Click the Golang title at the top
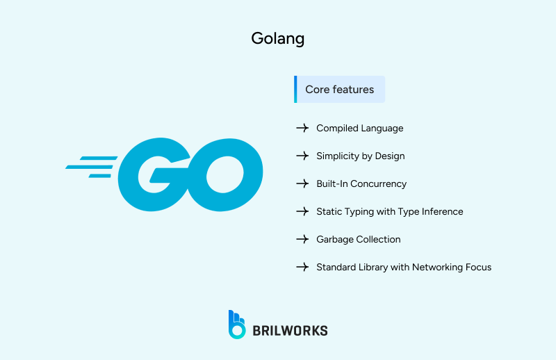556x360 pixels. pos(277,38)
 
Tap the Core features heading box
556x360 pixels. pos(340,90)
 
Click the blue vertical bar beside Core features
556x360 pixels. pos(295,90)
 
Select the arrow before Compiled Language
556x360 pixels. pos(302,129)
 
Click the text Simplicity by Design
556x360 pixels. pos(360,156)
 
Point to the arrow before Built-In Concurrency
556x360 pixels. pos(302,184)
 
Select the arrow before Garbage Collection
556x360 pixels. pos(302,239)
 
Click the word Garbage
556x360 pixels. pos(334,239)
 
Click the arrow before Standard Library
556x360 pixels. pos(302,267)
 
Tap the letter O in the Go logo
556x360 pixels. pos(226,174)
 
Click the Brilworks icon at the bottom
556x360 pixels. pos(237,325)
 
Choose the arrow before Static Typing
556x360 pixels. pos(302,211)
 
